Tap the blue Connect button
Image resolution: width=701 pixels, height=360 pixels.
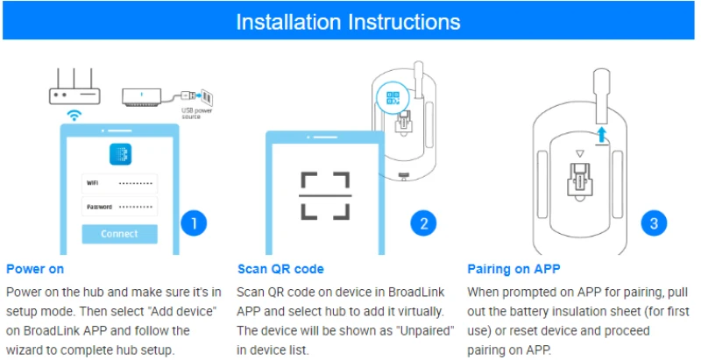[119, 234]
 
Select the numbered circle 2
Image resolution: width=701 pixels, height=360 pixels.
[423, 223]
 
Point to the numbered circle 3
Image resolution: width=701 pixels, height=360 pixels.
[653, 223]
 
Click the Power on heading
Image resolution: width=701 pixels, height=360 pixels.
[34, 269]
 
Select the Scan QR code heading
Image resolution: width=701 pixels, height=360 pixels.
[280, 269]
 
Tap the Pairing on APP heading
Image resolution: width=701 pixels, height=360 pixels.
[512, 269]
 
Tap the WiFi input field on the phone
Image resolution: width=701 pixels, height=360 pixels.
[119, 183]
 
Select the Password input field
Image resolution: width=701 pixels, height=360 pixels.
[119, 207]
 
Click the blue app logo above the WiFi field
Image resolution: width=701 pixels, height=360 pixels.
[119, 154]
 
